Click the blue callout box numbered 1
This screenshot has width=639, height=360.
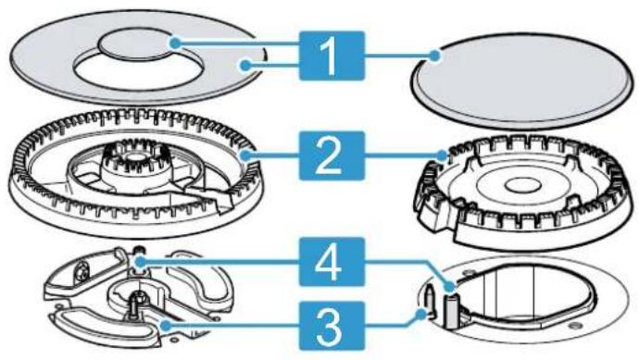click(332, 56)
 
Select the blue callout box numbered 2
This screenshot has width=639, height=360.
click(332, 155)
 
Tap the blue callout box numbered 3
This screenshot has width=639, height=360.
click(332, 326)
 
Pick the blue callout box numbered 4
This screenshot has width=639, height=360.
click(332, 262)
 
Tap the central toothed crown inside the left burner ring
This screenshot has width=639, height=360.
click(135, 163)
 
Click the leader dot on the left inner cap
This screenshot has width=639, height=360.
click(175, 43)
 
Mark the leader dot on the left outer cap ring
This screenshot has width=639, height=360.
click(244, 65)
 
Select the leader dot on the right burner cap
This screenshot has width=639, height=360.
click(435, 55)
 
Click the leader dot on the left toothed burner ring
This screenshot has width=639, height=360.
click(244, 155)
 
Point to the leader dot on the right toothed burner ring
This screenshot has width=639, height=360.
click(443, 155)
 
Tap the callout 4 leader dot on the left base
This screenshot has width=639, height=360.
click(140, 261)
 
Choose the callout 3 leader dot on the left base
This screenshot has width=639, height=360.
click(165, 325)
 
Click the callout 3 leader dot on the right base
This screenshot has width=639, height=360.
click(421, 313)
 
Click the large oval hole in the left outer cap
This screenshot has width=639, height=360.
click(137, 70)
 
